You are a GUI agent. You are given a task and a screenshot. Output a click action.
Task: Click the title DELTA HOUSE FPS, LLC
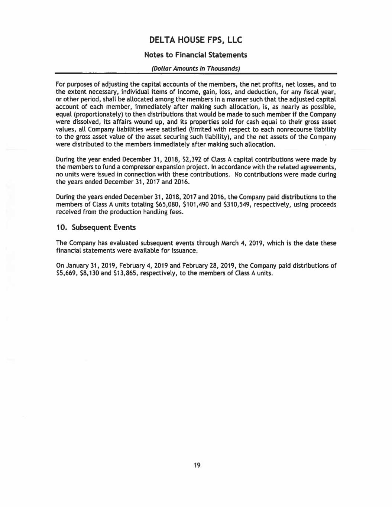[195, 40]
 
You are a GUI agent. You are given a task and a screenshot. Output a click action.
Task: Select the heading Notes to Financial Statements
[195, 55]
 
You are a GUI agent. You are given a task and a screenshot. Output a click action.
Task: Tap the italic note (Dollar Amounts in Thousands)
[195, 68]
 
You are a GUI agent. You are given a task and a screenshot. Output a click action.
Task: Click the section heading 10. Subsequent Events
[96, 227]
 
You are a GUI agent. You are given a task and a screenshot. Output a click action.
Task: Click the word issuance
[183, 251]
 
